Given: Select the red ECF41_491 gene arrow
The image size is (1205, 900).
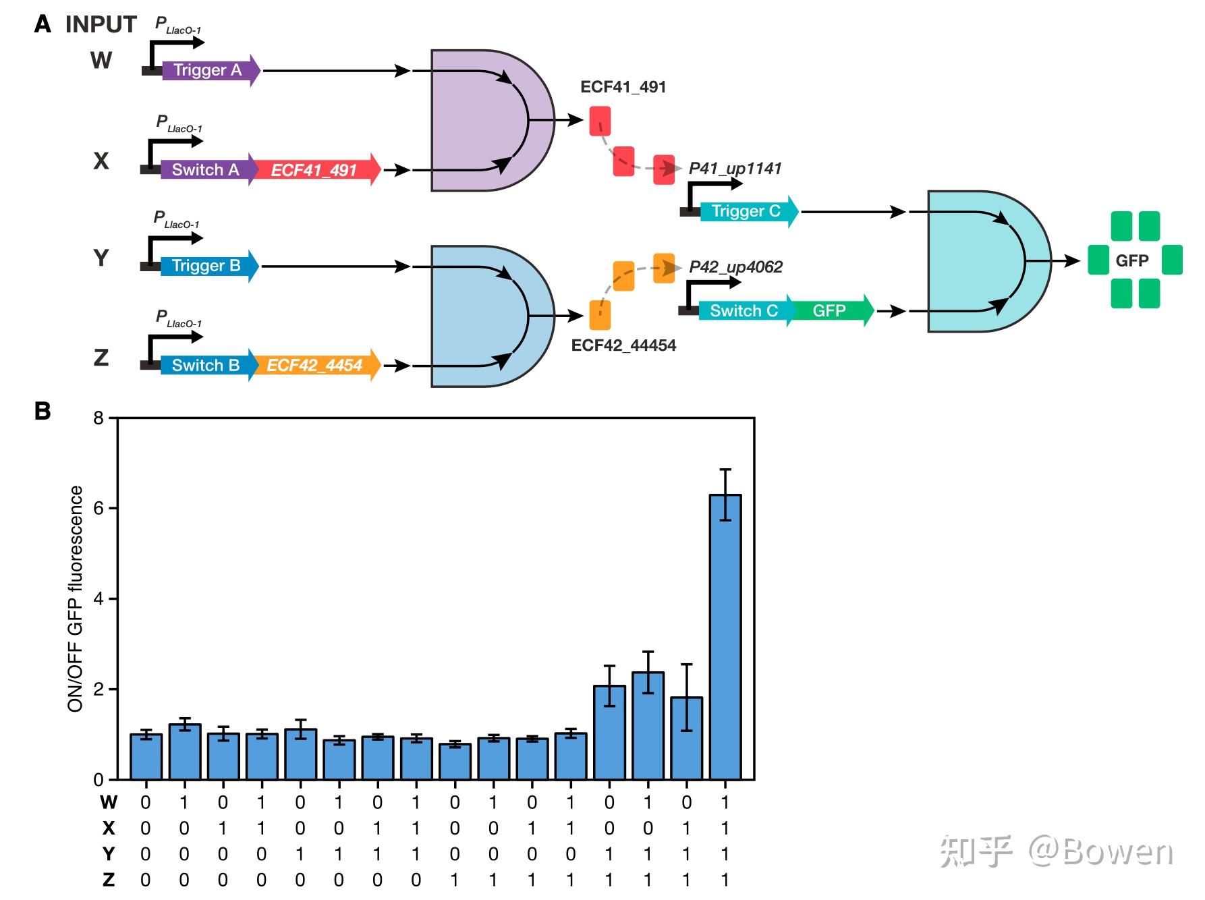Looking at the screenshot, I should pos(315,170).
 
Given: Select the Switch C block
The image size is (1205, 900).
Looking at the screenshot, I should pos(744,311).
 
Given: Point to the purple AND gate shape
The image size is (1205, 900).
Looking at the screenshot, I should pos(482,120).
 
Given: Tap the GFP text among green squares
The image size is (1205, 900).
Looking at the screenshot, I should pos(1131,260).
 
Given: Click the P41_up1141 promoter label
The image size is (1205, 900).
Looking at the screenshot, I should pos(735,169).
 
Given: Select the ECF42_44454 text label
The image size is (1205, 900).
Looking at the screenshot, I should pos(623,345).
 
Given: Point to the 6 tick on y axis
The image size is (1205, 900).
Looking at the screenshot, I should pos(99,508).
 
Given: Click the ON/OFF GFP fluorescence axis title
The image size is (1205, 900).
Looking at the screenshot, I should pos(76,598).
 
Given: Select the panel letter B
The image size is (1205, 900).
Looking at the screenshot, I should pos(43,411).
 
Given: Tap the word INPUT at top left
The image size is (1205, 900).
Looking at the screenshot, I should pos(101,24).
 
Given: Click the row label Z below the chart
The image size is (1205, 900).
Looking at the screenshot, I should pos(108,879).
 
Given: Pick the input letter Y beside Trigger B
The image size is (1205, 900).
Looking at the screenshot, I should pos(101,258).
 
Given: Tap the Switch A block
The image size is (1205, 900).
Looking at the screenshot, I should pos(205,170).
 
